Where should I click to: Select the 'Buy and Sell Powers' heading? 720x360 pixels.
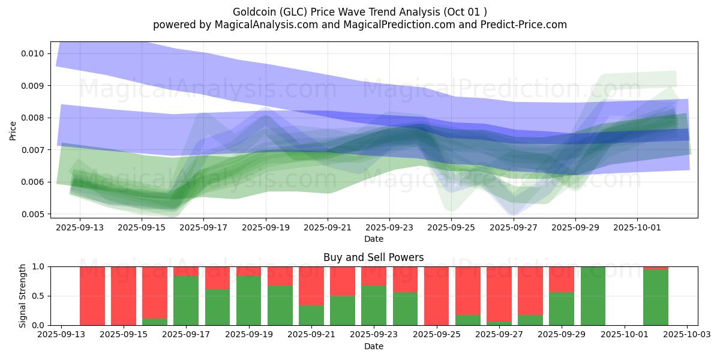pos(373,257)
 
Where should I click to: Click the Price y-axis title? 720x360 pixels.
pos(13,130)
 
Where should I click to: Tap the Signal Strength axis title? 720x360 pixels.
pos(22,295)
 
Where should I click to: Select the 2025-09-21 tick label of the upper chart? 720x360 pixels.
pos(328,228)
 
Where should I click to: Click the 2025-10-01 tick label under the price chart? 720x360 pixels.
pos(637,228)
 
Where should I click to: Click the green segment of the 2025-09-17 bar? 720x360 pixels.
pos(186,300)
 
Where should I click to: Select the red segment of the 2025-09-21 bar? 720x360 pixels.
pos(311,286)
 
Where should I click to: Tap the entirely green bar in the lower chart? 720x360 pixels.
pos(593,296)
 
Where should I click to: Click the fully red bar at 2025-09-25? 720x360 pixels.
pos(436,296)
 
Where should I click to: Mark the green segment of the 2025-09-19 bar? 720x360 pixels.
pos(248,300)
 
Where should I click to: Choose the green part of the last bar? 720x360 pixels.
pos(655,298)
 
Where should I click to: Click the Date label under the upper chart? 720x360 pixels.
pos(373,239)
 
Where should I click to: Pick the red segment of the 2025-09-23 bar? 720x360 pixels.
pos(374,275)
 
